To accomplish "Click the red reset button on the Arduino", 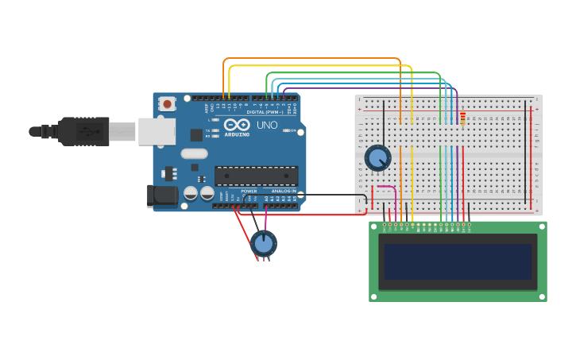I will [167, 103].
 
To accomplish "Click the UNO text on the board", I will [267, 125].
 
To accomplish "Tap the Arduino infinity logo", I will [237, 124].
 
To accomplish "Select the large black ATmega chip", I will [256, 176].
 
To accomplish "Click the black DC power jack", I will [163, 195].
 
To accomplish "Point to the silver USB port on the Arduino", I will [157, 131].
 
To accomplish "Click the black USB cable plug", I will [83, 131].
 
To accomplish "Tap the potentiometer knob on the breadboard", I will [377, 157].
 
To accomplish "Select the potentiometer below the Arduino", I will [264, 242].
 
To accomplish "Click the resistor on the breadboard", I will [462, 118].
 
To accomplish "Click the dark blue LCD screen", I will [457, 261].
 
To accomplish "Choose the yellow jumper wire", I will [318, 66].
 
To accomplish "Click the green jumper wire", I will [354, 73].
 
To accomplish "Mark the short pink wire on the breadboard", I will [385, 187].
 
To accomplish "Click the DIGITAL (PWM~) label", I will [267, 112].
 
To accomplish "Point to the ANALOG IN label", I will [284, 191].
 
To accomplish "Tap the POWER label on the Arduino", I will [249, 191].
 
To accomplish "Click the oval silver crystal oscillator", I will [194, 153].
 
